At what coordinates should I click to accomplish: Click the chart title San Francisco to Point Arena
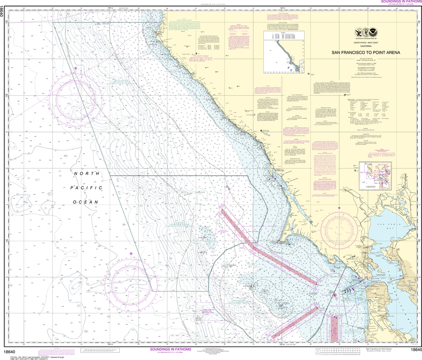[366, 53]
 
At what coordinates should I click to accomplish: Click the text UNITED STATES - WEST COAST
[366, 43]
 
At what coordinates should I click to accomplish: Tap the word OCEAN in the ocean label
[85, 202]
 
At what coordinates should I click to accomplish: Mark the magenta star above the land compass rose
[340, 208]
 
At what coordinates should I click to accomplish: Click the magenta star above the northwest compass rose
[75, 68]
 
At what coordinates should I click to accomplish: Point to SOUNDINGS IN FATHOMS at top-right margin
[396, 2]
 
